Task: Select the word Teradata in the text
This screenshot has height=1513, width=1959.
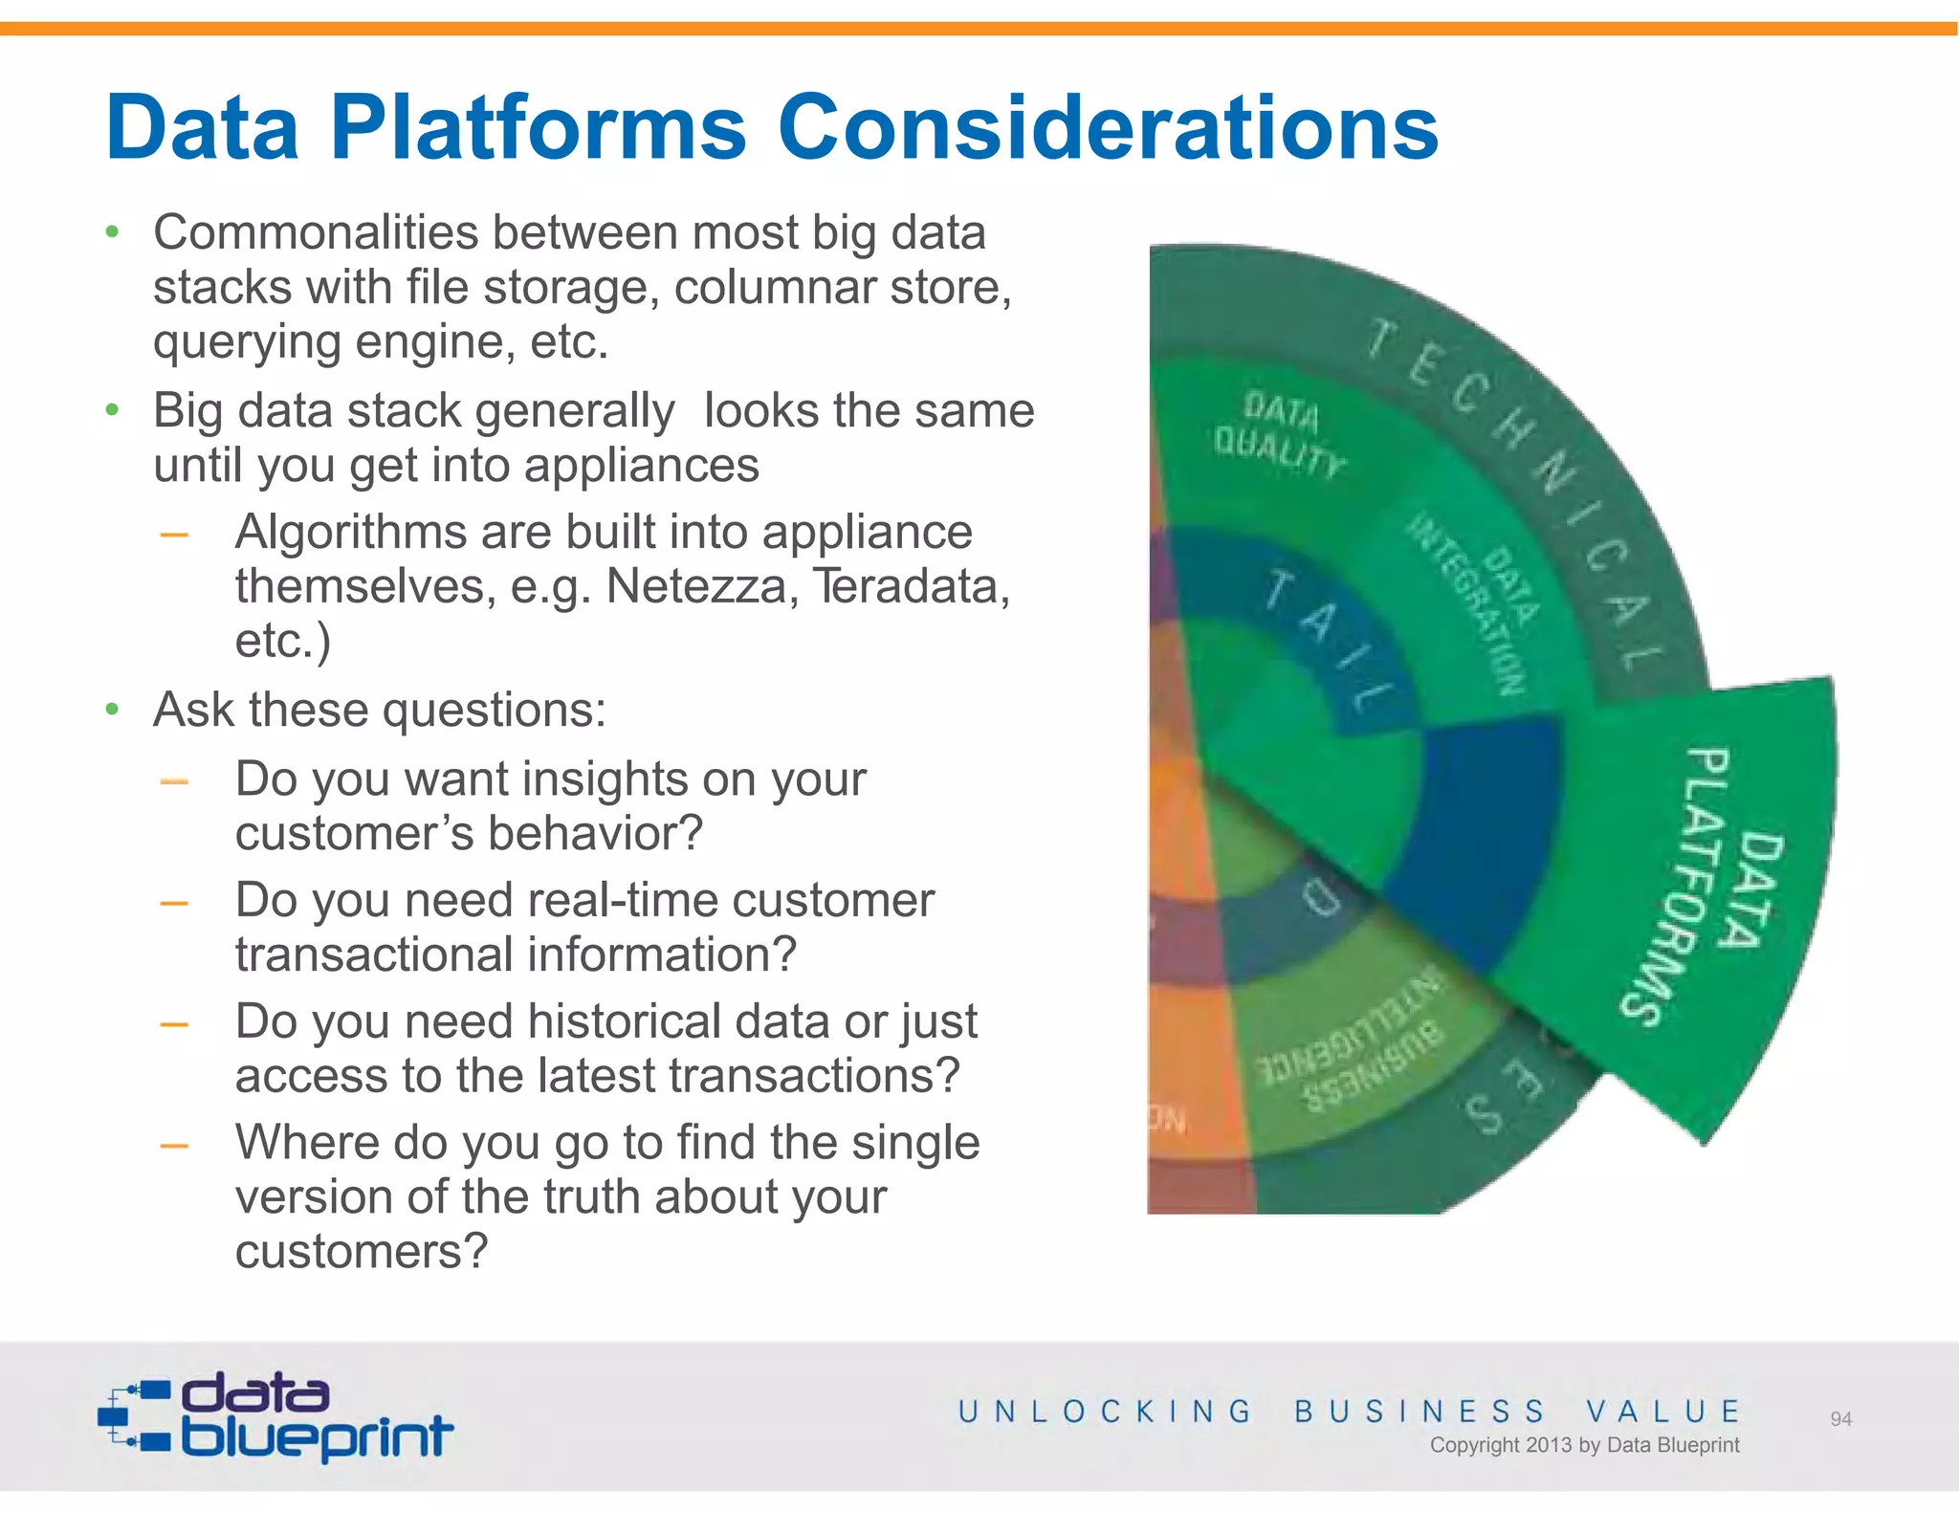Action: click(910, 585)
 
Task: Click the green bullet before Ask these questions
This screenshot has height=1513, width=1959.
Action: click(112, 710)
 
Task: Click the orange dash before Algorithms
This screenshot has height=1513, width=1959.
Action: click(174, 535)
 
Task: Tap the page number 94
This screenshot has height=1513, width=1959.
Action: click(1840, 1419)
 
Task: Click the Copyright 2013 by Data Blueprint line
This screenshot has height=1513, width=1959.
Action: click(1584, 1445)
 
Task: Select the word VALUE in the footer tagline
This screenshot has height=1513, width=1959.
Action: click(1663, 1411)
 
